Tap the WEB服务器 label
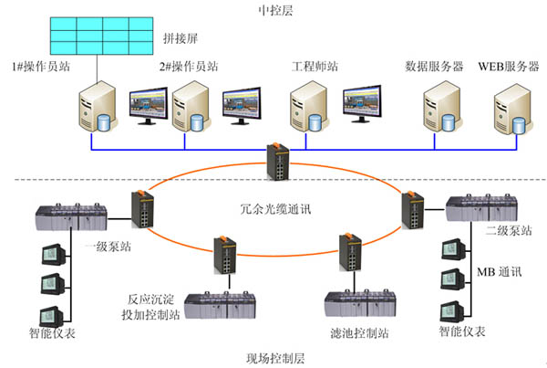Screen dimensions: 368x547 pos(509,67)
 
